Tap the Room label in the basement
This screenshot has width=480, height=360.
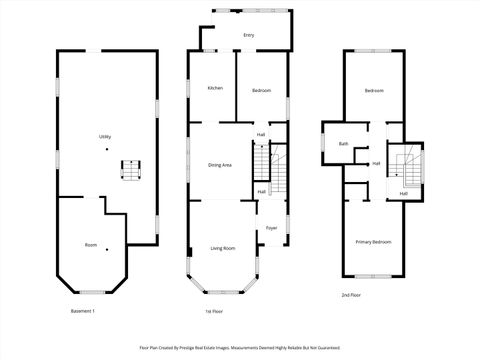[x=90, y=245]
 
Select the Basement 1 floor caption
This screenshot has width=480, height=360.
[x=82, y=312]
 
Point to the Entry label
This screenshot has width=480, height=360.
[x=248, y=36]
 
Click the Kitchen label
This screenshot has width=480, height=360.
[x=215, y=89]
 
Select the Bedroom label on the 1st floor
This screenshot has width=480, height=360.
[x=261, y=91]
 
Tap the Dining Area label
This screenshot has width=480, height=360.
[x=220, y=165]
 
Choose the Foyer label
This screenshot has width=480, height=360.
[x=271, y=228]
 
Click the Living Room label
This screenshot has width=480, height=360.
[x=222, y=248]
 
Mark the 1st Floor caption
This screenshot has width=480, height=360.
[x=213, y=312]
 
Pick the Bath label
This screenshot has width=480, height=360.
[x=343, y=144]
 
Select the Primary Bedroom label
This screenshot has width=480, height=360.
[x=373, y=242]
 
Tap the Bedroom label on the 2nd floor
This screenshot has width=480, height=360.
[x=374, y=91]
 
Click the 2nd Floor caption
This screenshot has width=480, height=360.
[x=349, y=296]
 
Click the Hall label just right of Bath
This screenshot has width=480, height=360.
[x=376, y=163]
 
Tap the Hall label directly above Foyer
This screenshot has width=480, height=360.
[x=261, y=192]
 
